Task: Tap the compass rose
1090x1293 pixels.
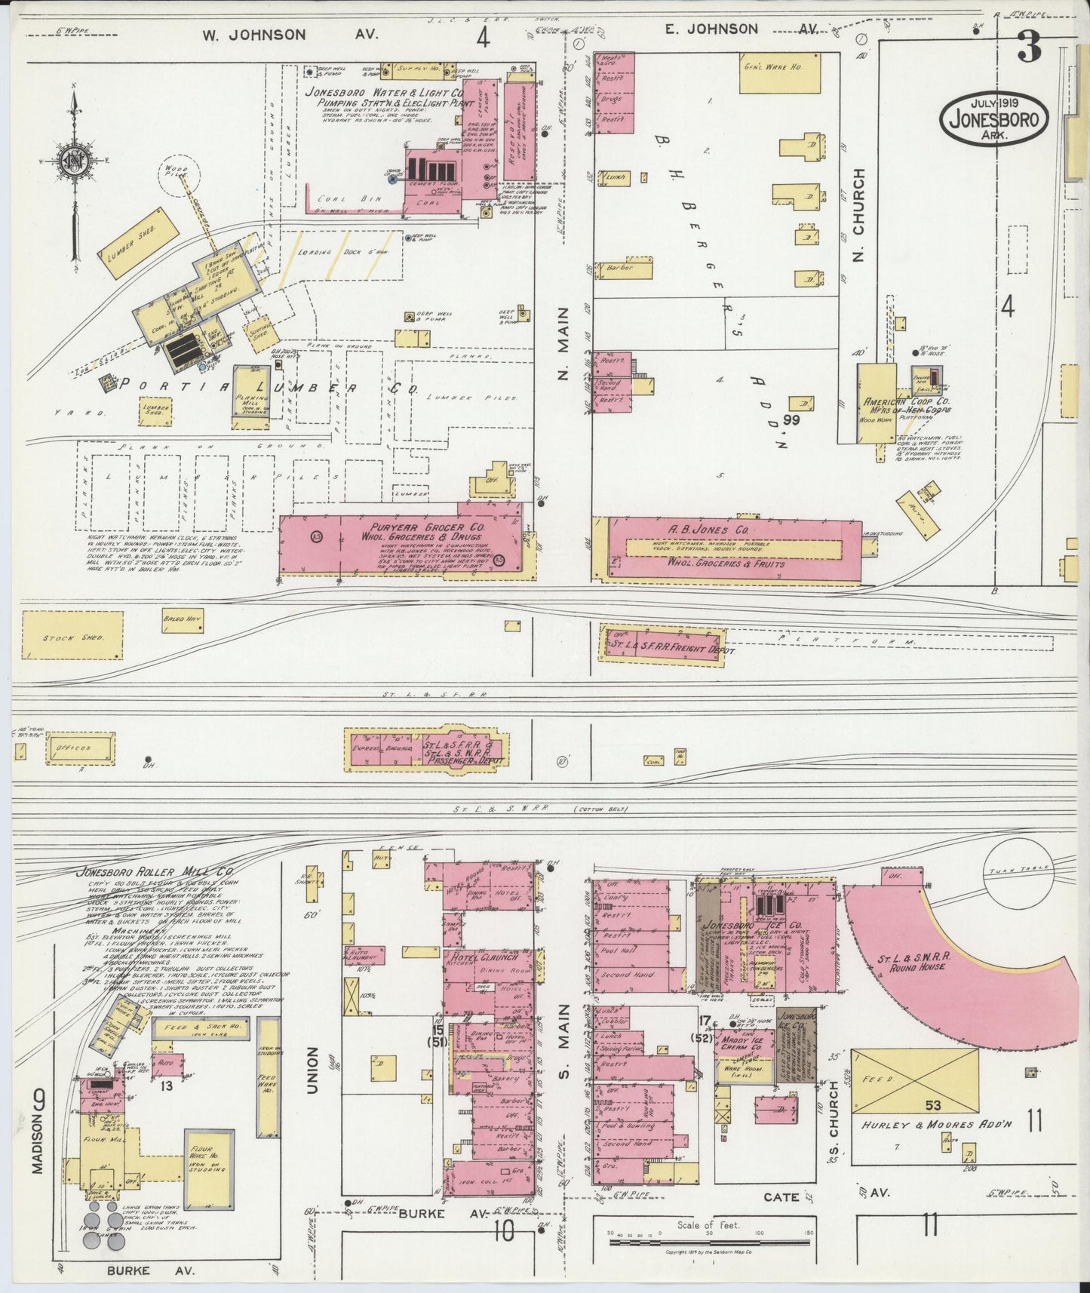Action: pyautogui.click(x=75, y=161)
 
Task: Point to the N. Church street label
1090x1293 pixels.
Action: pyautogui.click(x=858, y=216)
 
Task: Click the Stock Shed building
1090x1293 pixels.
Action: pyautogui.click(x=72, y=636)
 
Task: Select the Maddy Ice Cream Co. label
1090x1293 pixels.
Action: pyautogui.click(x=744, y=1048)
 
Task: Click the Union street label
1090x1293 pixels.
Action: pyautogui.click(x=312, y=1070)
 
